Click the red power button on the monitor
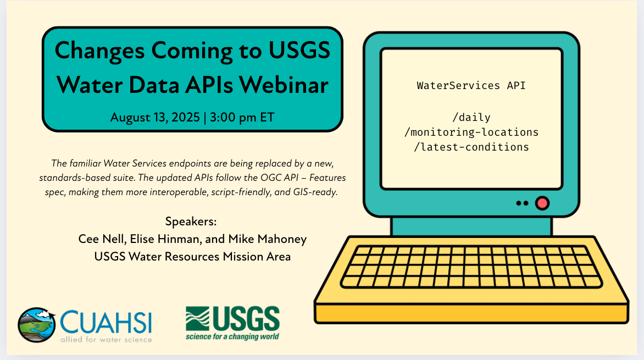click(x=542, y=203)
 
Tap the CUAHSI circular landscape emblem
click(x=37, y=325)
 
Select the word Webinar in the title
click(x=284, y=85)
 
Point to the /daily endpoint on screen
click(x=471, y=118)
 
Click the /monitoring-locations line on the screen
click(x=471, y=132)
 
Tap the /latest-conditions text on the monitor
click(x=471, y=147)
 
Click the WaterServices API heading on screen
click(x=471, y=86)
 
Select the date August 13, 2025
click(x=155, y=118)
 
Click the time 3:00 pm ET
click(x=242, y=118)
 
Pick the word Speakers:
click(x=191, y=221)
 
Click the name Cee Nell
click(x=102, y=239)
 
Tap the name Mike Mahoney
click(x=268, y=239)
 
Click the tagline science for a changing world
click(x=232, y=336)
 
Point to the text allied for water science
click(x=107, y=340)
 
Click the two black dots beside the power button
click(x=522, y=203)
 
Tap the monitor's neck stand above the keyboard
click(x=471, y=226)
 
